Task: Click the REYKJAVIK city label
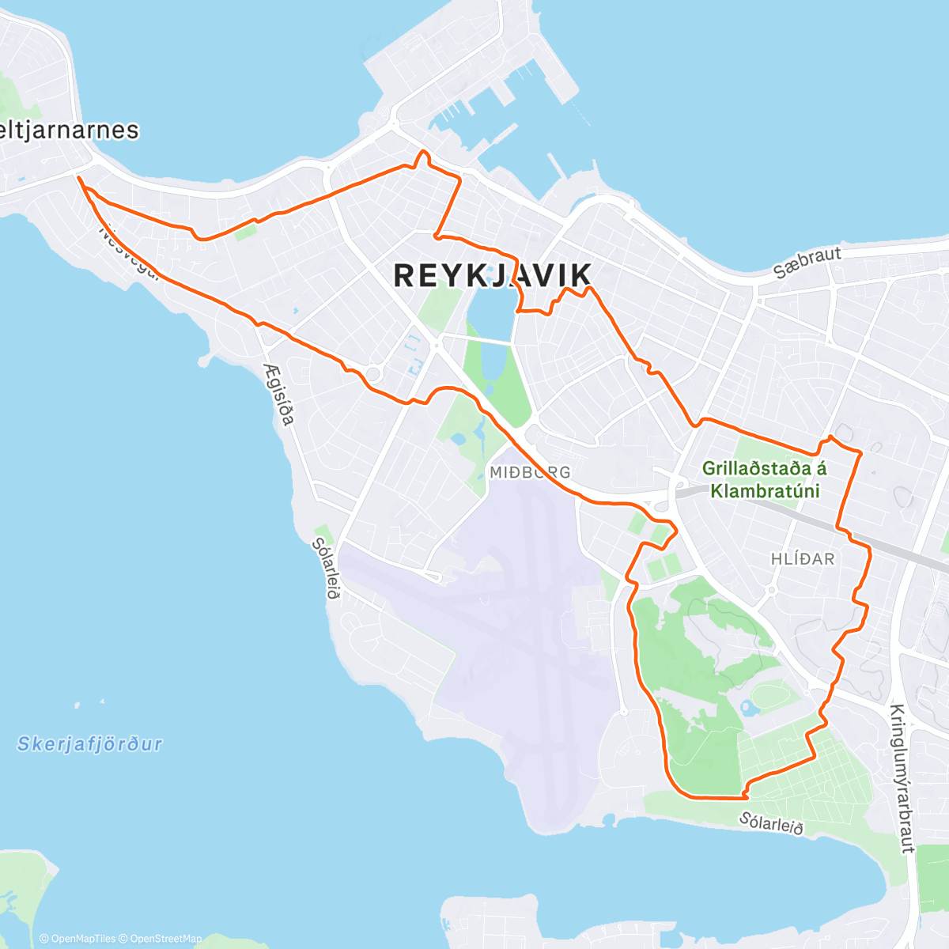tap(492, 275)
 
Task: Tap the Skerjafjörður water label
tap(89, 743)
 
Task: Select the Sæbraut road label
tap(807, 262)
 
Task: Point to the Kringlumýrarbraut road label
tap(902, 778)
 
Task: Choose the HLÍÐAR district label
tap(803, 558)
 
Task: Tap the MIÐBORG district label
tap(529, 472)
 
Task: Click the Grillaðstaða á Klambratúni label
tap(764, 479)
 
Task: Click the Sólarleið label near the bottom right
tap(771, 822)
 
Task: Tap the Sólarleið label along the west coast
tap(326, 568)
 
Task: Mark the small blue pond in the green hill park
tap(748, 707)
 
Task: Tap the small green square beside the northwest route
tap(246, 232)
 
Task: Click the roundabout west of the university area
tap(373, 372)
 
